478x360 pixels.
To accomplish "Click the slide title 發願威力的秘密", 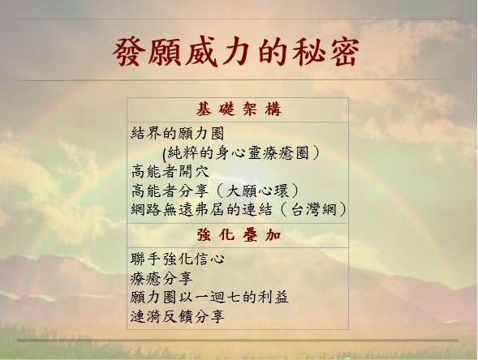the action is [x=236, y=52].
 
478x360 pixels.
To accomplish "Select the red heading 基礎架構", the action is [x=238, y=109].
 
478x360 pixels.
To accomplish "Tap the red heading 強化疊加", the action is [x=239, y=235].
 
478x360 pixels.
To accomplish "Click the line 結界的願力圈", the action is [x=178, y=134].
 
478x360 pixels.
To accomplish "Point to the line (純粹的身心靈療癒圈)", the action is [x=241, y=153].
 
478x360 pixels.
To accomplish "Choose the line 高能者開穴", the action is [x=170, y=172].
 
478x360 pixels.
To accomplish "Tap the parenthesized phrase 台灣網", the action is [x=314, y=209].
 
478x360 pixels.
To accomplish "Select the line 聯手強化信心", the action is [x=178, y=259].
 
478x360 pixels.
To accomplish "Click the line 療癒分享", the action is [x=161, y=278].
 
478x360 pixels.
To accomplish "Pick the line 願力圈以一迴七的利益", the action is [x=209, y=298].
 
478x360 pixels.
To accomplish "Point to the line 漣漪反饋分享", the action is [x=178, y=316].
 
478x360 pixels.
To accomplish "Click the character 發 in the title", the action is [x=128, y=52].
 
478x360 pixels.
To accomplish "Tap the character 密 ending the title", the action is [x=344, y=52].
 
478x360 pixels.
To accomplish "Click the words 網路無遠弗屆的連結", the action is [x=201, y=209].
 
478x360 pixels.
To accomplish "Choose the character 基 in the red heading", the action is [x=204, y=109].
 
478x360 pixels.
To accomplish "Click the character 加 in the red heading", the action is [x=273, y=235].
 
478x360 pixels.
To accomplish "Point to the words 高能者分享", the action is [x=170, y=191].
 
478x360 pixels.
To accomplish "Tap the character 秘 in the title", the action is [x=308, y=52].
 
